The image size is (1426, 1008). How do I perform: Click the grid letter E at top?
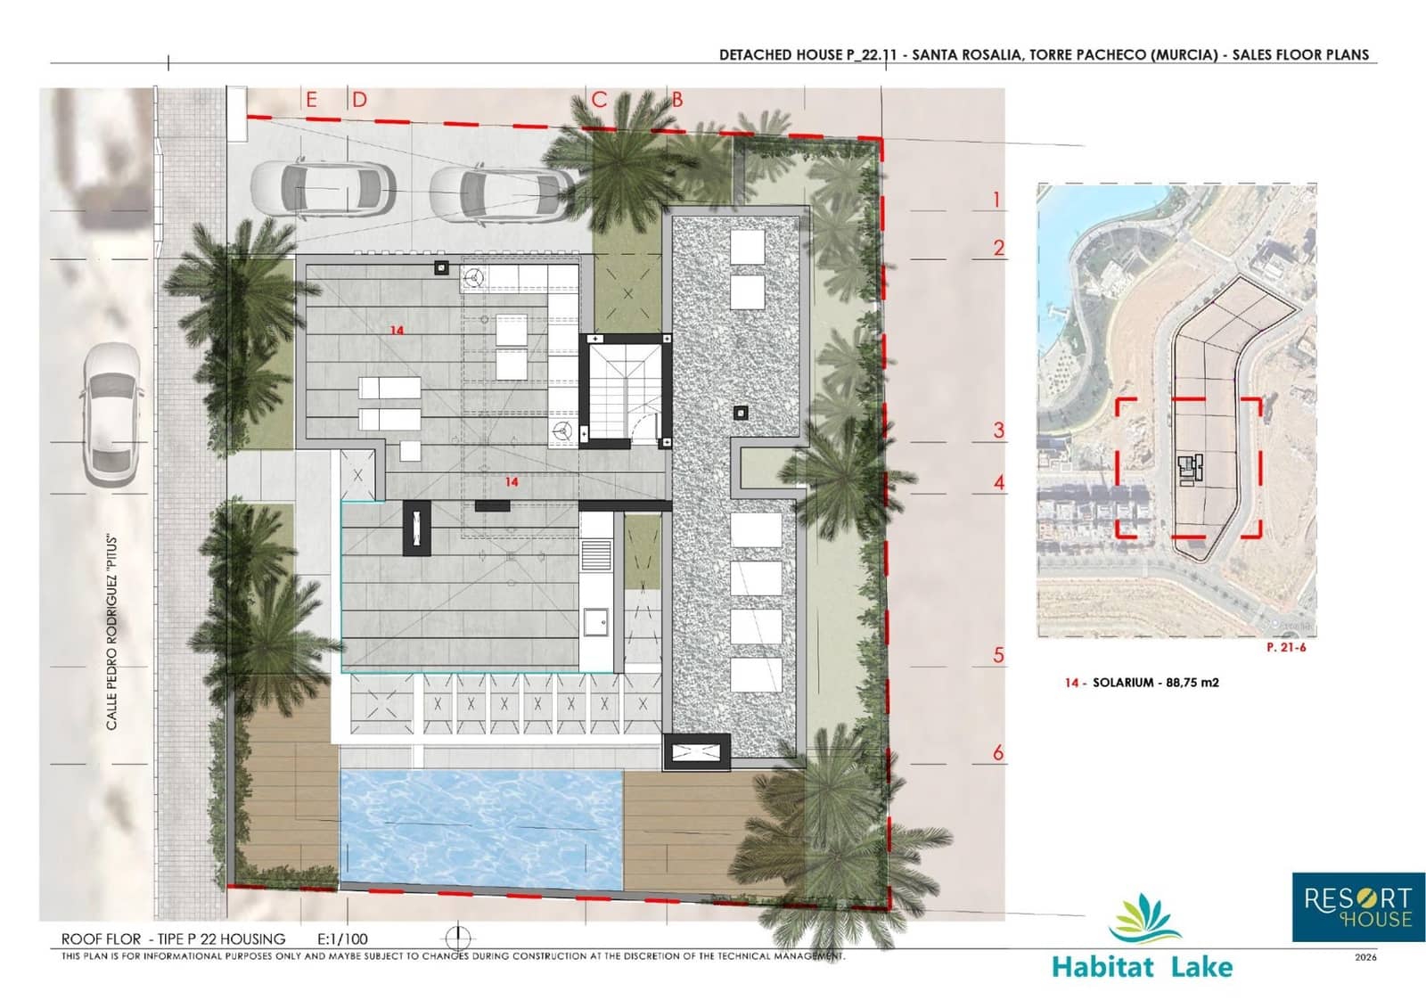click(x=311, y=99)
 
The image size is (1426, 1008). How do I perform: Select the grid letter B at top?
click(x=677, y=99)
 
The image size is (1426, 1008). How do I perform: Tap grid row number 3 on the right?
click(x=999, y=430)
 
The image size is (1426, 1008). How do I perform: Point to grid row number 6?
click(x=998, y=753)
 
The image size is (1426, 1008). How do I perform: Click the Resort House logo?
click(x=1357, y=906)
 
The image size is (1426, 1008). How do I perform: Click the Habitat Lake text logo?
click(x=1143, y=966)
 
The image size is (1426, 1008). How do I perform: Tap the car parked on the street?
click(x=111, y=414)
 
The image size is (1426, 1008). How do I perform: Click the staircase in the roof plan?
click(x=624, y=389)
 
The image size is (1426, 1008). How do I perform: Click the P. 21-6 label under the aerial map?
click(x=1285, y=647)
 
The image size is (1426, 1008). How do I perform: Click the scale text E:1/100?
click(x=342, y=938)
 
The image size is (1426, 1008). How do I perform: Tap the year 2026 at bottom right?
click(x=1365, y=957)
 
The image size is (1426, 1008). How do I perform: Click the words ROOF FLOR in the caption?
click(x=101, y=938)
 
